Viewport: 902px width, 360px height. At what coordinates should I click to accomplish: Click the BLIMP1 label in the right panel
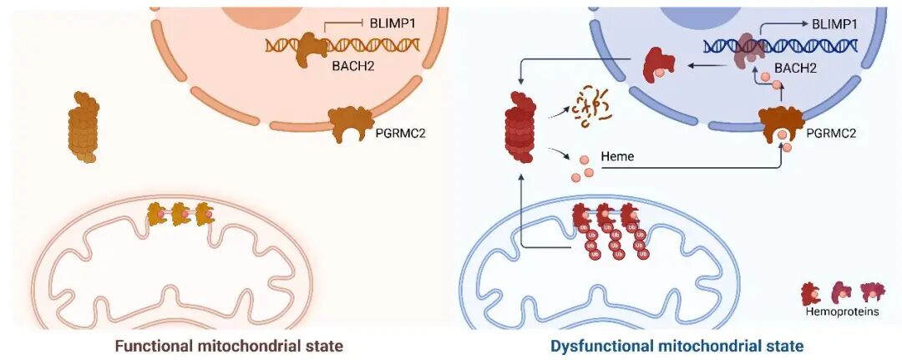834,24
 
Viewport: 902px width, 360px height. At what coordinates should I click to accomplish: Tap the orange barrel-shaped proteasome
83,127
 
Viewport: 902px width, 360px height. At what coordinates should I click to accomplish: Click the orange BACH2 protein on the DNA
313,47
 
